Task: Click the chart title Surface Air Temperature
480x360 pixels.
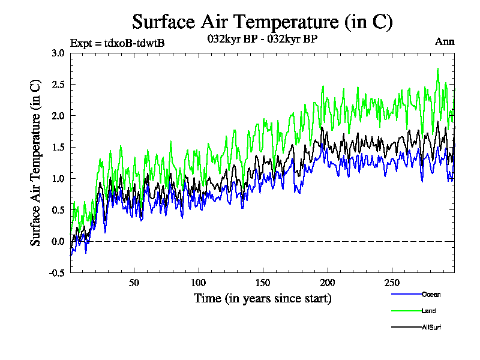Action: point(262,22)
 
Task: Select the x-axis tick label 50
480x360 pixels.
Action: point(134,283)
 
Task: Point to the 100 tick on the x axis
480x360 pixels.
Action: point(199,283)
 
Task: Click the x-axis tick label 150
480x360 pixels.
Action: point(263,283)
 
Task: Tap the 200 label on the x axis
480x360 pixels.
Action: point(327,283)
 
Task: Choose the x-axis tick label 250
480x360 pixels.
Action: point(391,283)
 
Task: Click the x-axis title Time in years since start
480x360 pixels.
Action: point(262,298)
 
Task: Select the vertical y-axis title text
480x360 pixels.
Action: point(35,163)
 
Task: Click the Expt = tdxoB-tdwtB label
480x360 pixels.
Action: point(117,43)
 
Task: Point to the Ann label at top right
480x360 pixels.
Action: point(445,41)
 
